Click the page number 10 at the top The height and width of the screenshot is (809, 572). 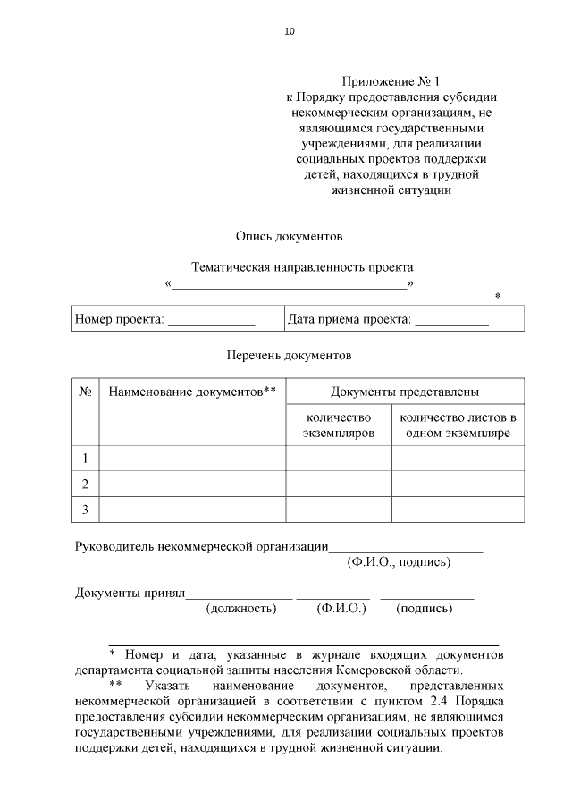[289, 31]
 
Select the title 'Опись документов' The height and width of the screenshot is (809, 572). [289, 237]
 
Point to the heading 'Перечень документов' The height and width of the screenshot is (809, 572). [289, 355]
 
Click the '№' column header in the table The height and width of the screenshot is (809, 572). [86, 392]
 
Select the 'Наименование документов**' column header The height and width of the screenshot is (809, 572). [192, 392]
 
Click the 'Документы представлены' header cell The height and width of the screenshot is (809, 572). [405, 392]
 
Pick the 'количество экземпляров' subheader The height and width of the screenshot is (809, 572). [338, 426]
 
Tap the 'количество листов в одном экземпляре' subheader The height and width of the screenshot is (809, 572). [458, 426]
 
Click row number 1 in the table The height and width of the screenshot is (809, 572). [86, 459]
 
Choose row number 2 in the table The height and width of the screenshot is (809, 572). [86, 484]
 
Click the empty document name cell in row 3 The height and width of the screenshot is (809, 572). [192, 510]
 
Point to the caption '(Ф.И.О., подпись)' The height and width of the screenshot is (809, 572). [398, 562]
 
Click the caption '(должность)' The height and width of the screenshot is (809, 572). [241, 609]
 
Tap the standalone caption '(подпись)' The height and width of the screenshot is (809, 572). [424, 609]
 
